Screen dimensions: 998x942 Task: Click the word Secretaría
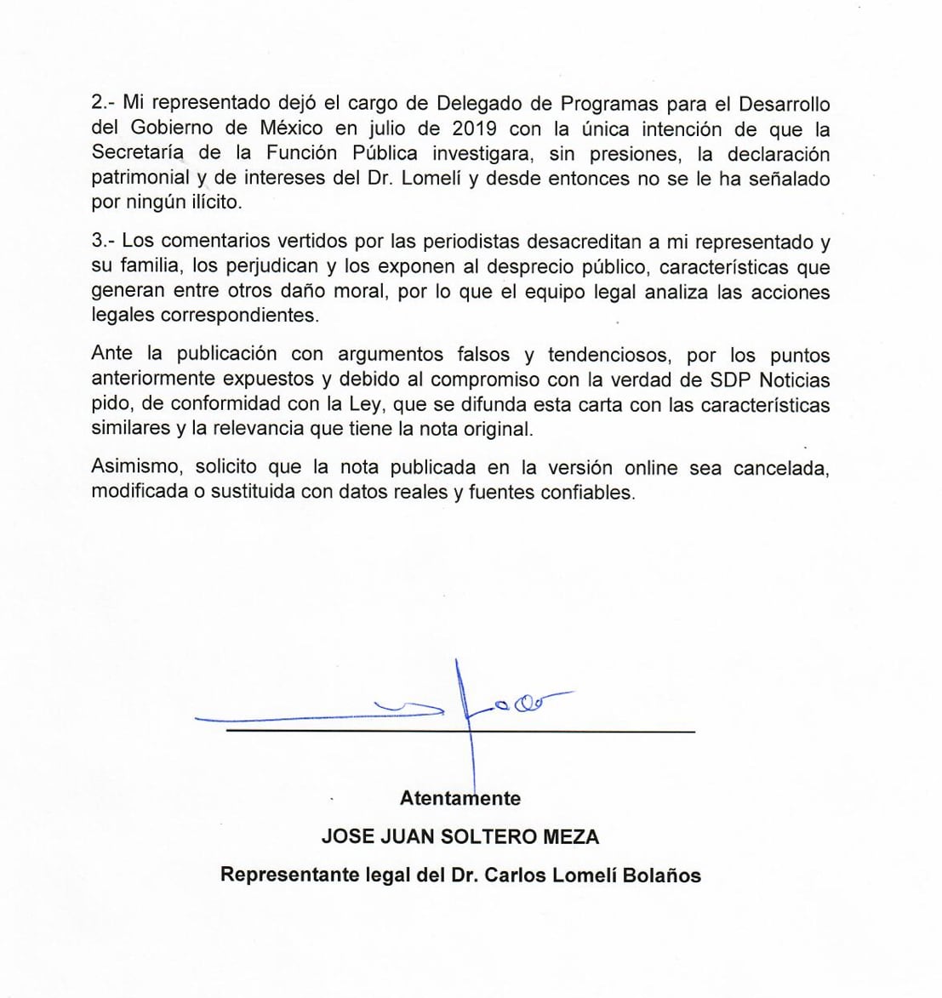[141, 154]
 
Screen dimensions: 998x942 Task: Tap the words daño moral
[330, 291]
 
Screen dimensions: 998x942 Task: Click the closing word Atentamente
[460, 798]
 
